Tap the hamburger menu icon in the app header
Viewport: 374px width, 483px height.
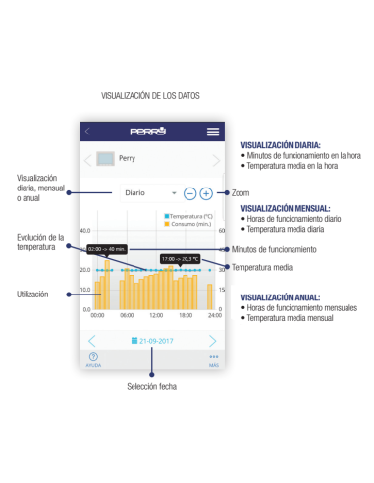(213, 132)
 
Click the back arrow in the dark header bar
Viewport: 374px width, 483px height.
(87, 132)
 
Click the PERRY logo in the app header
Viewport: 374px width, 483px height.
(148, 132)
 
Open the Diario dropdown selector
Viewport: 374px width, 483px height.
(149, 193)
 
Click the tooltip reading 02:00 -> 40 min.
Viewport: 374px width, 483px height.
(105, 248)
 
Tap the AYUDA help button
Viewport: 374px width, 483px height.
(93, 359)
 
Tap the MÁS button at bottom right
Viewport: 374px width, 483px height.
(213, 359)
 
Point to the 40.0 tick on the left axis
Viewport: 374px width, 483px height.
(85, 231)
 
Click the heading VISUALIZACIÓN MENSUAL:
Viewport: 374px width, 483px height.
(286, 208)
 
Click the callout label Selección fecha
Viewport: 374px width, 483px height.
(151, 387)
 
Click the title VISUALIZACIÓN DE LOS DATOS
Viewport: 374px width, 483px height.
(150, 96)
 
